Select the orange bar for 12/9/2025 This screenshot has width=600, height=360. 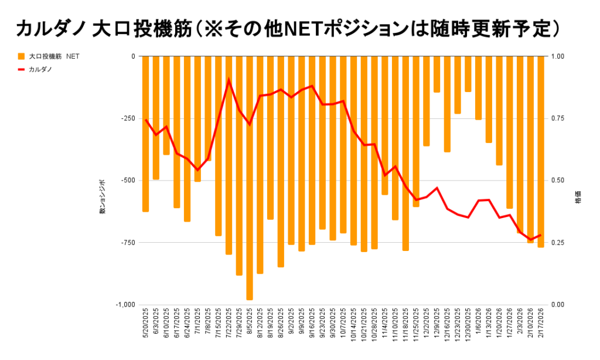[437, 74]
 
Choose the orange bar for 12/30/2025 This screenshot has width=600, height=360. [468, 74]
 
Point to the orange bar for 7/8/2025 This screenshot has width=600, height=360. [208, 108]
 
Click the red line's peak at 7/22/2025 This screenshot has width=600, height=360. [229, 80]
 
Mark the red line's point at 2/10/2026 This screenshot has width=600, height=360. [530, 239]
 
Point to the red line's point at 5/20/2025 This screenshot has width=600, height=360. [145, 120]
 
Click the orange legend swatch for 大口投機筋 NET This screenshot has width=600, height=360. [21, 57]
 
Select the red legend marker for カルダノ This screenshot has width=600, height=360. [21, 69]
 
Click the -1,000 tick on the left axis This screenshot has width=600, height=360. [124, 305]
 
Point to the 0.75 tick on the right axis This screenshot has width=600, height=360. [558, 118]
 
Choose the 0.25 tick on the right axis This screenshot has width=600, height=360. [558, 243]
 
